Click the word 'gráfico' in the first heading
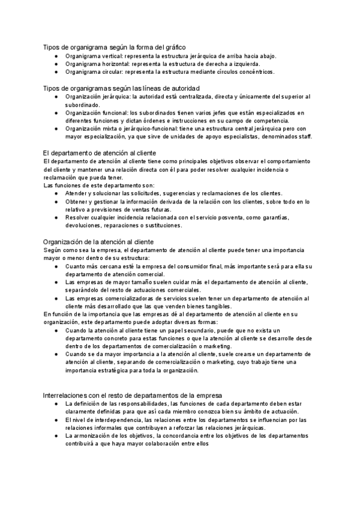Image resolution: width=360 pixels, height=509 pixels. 174,47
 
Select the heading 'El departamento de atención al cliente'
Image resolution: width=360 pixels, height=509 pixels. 103,154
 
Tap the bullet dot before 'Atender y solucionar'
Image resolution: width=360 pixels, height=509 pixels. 56,193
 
